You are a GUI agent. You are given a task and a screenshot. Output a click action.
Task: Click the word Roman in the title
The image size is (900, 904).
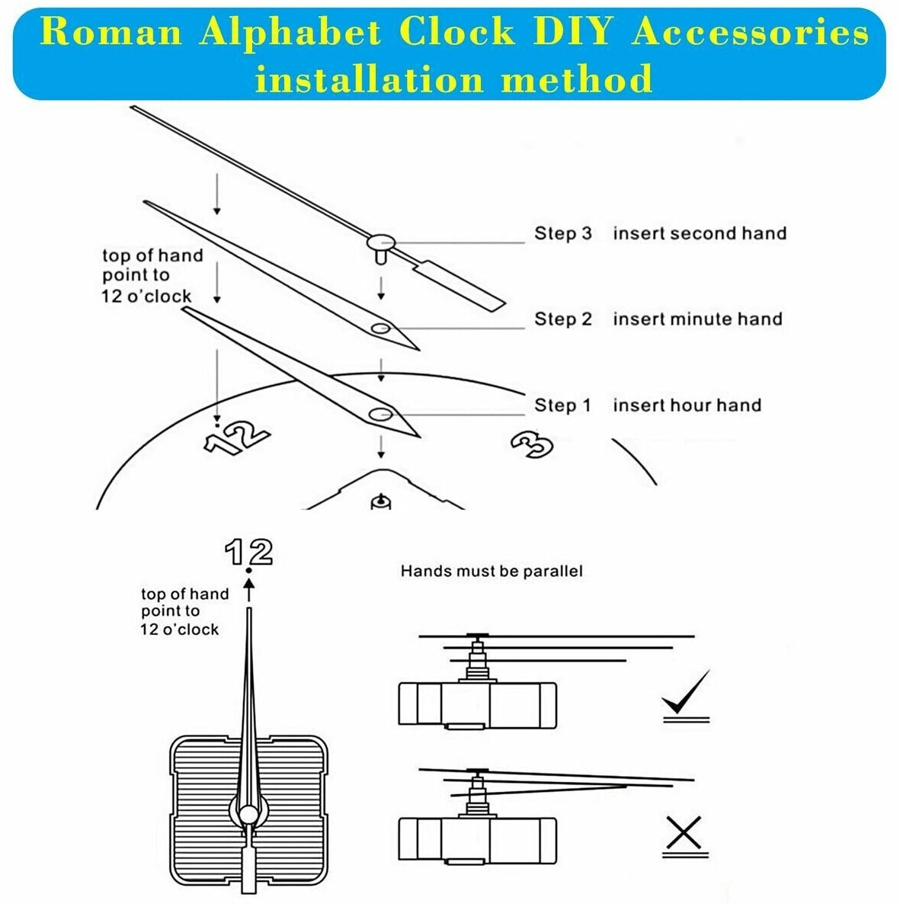click(111, 32)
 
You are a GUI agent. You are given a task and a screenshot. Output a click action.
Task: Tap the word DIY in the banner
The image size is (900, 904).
click(572, 32)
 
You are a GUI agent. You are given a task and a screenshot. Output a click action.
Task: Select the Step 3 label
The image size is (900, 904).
click(562, 233)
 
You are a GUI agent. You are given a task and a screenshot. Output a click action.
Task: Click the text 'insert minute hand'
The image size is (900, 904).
click(697, 319)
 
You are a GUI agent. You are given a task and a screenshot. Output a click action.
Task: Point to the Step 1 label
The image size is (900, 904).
click(562, 405)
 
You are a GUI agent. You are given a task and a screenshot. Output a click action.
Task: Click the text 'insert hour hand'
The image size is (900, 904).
click(687, 405)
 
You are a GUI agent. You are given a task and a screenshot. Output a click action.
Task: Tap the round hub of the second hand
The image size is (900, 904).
click(380, 242)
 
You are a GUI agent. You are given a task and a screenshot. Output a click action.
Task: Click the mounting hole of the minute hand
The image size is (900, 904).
click(380, 329)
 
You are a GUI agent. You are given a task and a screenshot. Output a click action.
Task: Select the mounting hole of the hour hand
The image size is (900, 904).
click(380, 414)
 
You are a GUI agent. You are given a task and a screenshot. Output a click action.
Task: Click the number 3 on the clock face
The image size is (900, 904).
click(532, 445)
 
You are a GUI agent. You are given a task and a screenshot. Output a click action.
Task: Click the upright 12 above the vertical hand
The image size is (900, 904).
click(248, 552)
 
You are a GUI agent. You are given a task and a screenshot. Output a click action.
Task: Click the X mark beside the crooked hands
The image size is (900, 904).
click(684, 832)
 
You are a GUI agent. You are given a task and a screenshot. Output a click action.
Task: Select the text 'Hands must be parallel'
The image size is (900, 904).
click(492, 571)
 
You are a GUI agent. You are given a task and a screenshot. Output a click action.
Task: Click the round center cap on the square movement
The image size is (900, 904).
click(249, 815)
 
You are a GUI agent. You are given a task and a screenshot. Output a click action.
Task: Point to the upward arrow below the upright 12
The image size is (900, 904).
click(248, 590)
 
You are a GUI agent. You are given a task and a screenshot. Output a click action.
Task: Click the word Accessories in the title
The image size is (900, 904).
click(750, 32)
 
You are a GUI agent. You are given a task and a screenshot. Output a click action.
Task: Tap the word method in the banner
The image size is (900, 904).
click(577, 79)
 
